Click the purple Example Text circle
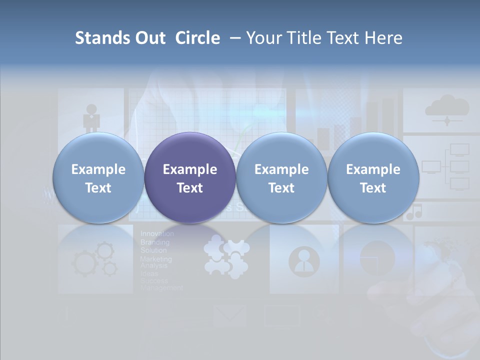click(x=190, y=178)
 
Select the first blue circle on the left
click(x=98, y=178)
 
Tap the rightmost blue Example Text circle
click(x=373, y=178)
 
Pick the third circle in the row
click(x=281, y=178)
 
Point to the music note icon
click(x=414, y=212)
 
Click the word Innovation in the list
click(x=157, y=233)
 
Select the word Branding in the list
click(x=155, y=242)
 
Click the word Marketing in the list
click(x=156, y=259)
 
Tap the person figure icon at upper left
click(x=91, y=118)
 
